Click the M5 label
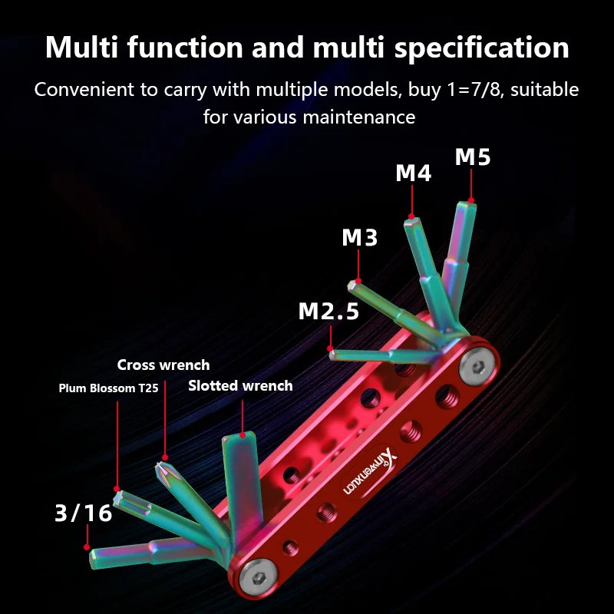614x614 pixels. [x=472, y=157]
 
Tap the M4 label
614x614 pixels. [x=414, y=173]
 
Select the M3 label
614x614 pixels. [x=360, y=238]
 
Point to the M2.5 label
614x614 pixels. [x=328, y=311]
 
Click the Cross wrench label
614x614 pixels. [x=163, y=365]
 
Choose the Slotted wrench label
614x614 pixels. [x=240, y=385]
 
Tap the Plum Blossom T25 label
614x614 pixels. [x=108, y=388]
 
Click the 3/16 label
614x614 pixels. [x=84, y=513]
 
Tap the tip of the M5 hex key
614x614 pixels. [x=467, y=203]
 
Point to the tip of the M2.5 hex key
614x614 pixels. [x=333, y=355]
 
